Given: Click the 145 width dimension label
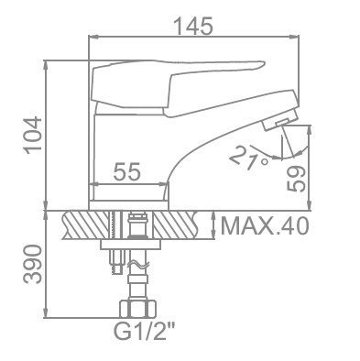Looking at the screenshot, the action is click(x=193, y=26).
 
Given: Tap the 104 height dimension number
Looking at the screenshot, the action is click(x=33, y=136).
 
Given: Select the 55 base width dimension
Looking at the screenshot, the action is click(x=126, y=171).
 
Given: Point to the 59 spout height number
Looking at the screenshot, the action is click(x=296, y=179).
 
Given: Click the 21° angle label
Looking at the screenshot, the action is click(x=248, y=158).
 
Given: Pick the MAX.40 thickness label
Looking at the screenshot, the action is click(x=265, y=226).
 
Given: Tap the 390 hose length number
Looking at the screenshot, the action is click(x=33, y=264).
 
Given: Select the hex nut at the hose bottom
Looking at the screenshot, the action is click(x=137, y=310).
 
